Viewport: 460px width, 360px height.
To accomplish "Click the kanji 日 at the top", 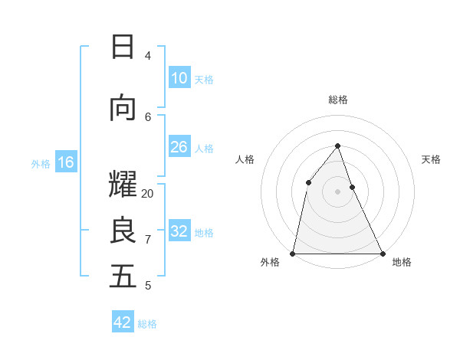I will [x=123, y=47].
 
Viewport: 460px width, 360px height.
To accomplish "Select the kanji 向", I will [x=123, y=109].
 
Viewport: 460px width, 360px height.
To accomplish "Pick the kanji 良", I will [x=123, y=231].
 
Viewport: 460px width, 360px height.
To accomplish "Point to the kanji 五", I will [x=123, y=277].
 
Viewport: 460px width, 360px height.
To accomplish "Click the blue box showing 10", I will [x=179, y=78].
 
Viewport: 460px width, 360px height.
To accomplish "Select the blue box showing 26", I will [x=179, y=147].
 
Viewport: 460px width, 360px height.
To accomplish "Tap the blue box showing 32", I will [x=179, y=231].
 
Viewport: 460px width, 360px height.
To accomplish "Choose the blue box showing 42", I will [x=123, y=322].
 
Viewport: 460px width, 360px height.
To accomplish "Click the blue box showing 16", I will [x=65, y=162].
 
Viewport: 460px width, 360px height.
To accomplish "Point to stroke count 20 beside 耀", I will [x=148, y=194].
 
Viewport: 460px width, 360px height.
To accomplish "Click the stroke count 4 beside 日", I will [x=148, y=56].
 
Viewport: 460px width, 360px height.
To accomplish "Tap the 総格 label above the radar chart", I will [x=338, y=100].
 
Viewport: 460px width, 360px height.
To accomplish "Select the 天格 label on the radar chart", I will [x=432, y=159].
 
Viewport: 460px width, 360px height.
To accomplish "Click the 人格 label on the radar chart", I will [x=245, y=159].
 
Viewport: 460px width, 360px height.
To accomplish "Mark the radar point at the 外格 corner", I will [x=293, y=253].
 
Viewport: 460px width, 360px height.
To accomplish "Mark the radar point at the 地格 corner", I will [x=382, y=253].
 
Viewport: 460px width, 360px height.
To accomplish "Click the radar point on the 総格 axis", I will [x=338, y=146].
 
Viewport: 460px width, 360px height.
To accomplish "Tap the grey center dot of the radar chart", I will [x=338, y=191].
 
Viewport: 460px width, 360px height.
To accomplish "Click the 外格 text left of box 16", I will [x=41, y=163].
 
